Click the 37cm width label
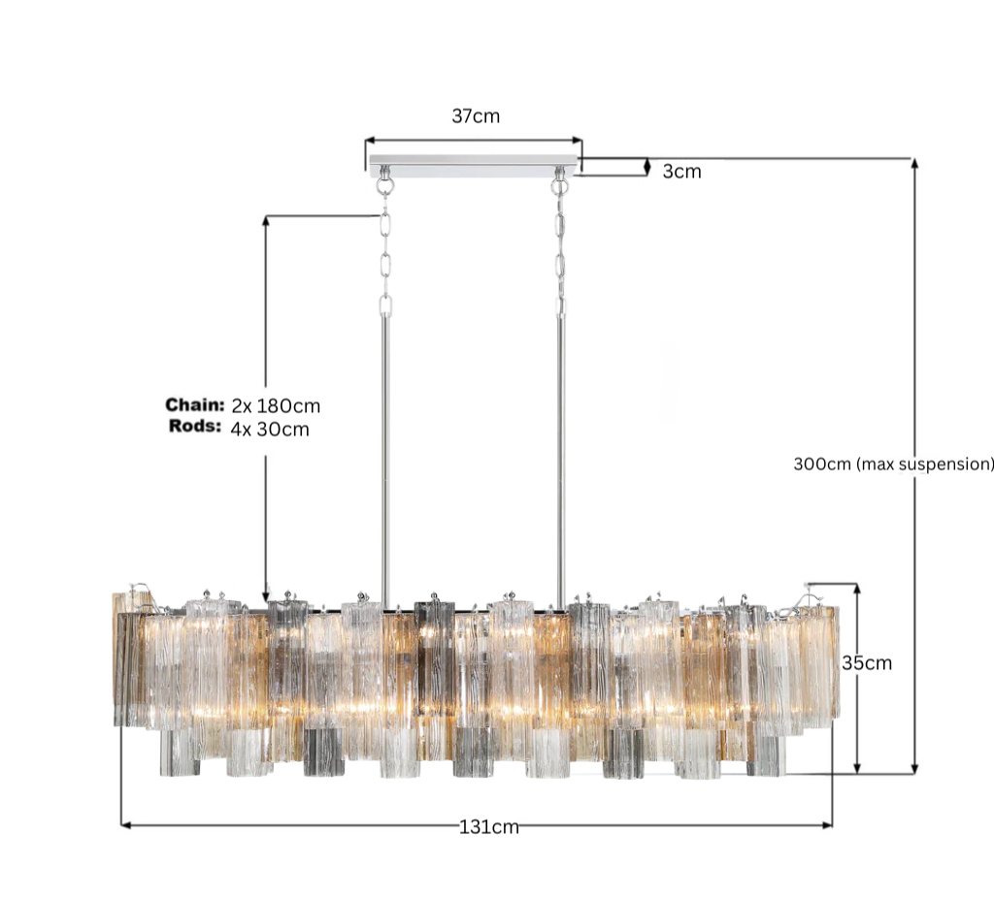(x=476, y=116)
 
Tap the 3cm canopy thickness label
(x=681, y=172)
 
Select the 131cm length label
(x=488, y=827)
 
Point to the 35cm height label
(x=866, y=664)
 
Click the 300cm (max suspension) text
(x=893, y=464)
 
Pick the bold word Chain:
(x=194, y=404)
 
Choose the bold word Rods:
(x=195, y=427)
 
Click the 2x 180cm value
(x=276, y=405)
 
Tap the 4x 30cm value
(x=270, y=429)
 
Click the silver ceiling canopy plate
(x=474, y=167)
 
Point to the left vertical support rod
(x=385, y=456)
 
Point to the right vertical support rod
(x=560, y=456)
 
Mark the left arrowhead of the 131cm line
(x=125, y=825)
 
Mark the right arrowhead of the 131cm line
(x=828, y=825)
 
